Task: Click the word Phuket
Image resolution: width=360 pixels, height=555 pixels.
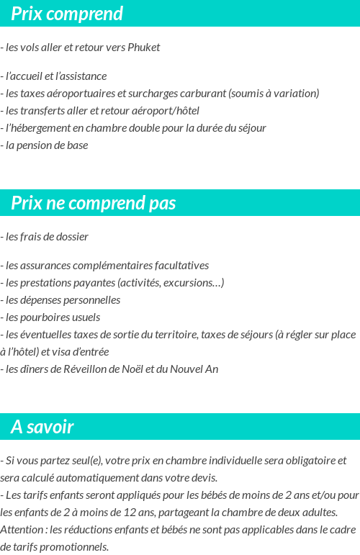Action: [143, 48]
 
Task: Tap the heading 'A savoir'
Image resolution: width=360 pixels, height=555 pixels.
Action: [42, 427]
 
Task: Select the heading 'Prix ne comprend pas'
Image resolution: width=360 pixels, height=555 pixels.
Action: [94, 203]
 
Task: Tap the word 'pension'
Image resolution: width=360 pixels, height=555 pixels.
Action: [36, 145]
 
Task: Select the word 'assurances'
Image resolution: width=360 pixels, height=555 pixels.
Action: [45, 266]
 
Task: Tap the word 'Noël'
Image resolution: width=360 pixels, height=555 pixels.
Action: [139, 369]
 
